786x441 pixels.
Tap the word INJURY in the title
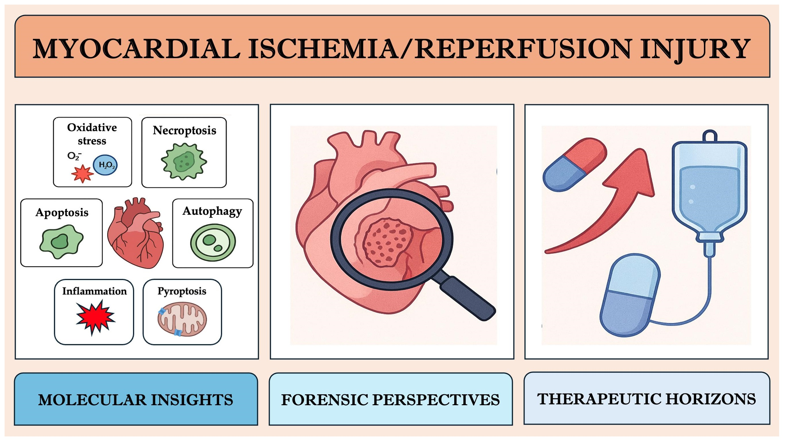point(694,49)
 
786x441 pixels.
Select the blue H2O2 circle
point(105,165)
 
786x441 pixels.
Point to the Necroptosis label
point(184,130)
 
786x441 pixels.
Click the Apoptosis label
point(62,212)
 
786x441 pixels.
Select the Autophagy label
point(212,211)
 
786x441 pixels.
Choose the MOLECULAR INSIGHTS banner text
point(136,400)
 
